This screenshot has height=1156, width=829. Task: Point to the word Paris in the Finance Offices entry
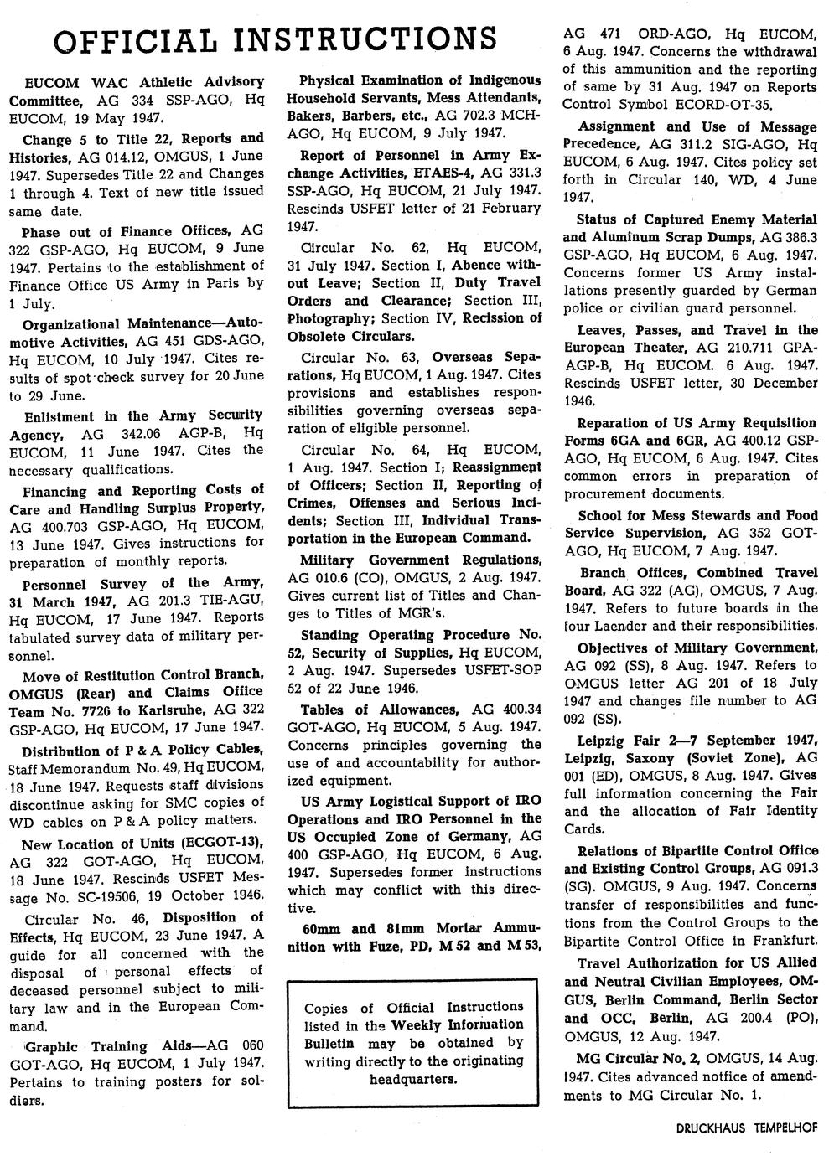225,284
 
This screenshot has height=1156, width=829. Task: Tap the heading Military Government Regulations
420,560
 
